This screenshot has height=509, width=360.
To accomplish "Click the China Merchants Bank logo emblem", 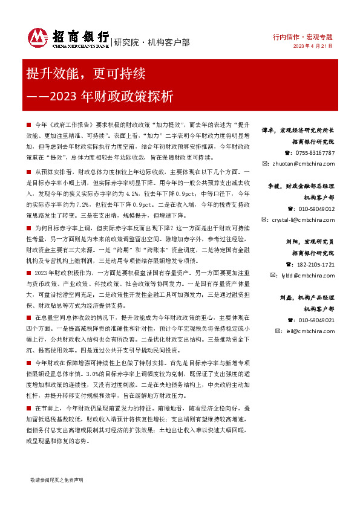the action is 38,38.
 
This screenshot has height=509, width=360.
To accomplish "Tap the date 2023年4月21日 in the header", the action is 313,45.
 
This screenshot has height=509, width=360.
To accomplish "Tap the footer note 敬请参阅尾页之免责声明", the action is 56,479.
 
